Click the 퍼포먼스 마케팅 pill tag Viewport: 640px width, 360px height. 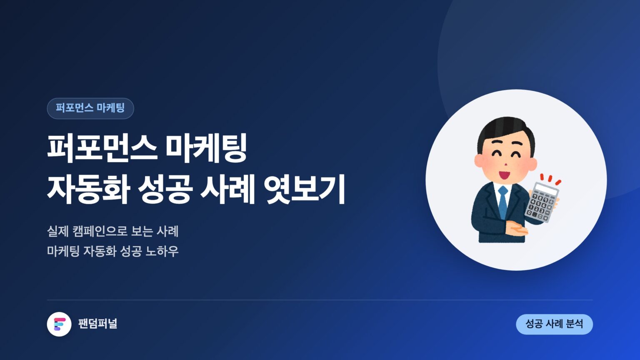90,108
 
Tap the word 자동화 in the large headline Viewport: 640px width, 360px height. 89,189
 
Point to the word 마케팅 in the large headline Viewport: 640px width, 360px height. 206,148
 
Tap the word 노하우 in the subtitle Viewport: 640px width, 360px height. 162,251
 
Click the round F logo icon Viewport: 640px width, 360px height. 59,324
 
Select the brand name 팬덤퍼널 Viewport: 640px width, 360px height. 98,324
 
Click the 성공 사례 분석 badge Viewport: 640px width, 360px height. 554,324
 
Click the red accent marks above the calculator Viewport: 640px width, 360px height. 550,179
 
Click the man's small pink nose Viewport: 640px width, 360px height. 505,165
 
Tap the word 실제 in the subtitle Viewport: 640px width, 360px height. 58,231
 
